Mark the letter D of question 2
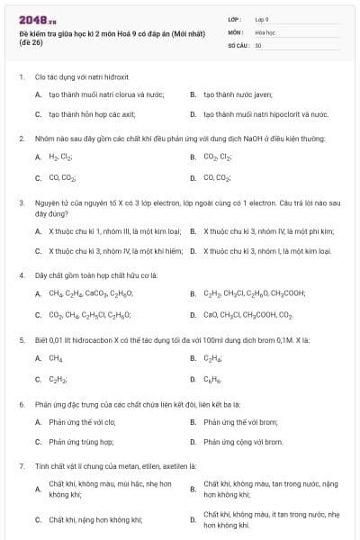pyautogui.click(x=193, y=177)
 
